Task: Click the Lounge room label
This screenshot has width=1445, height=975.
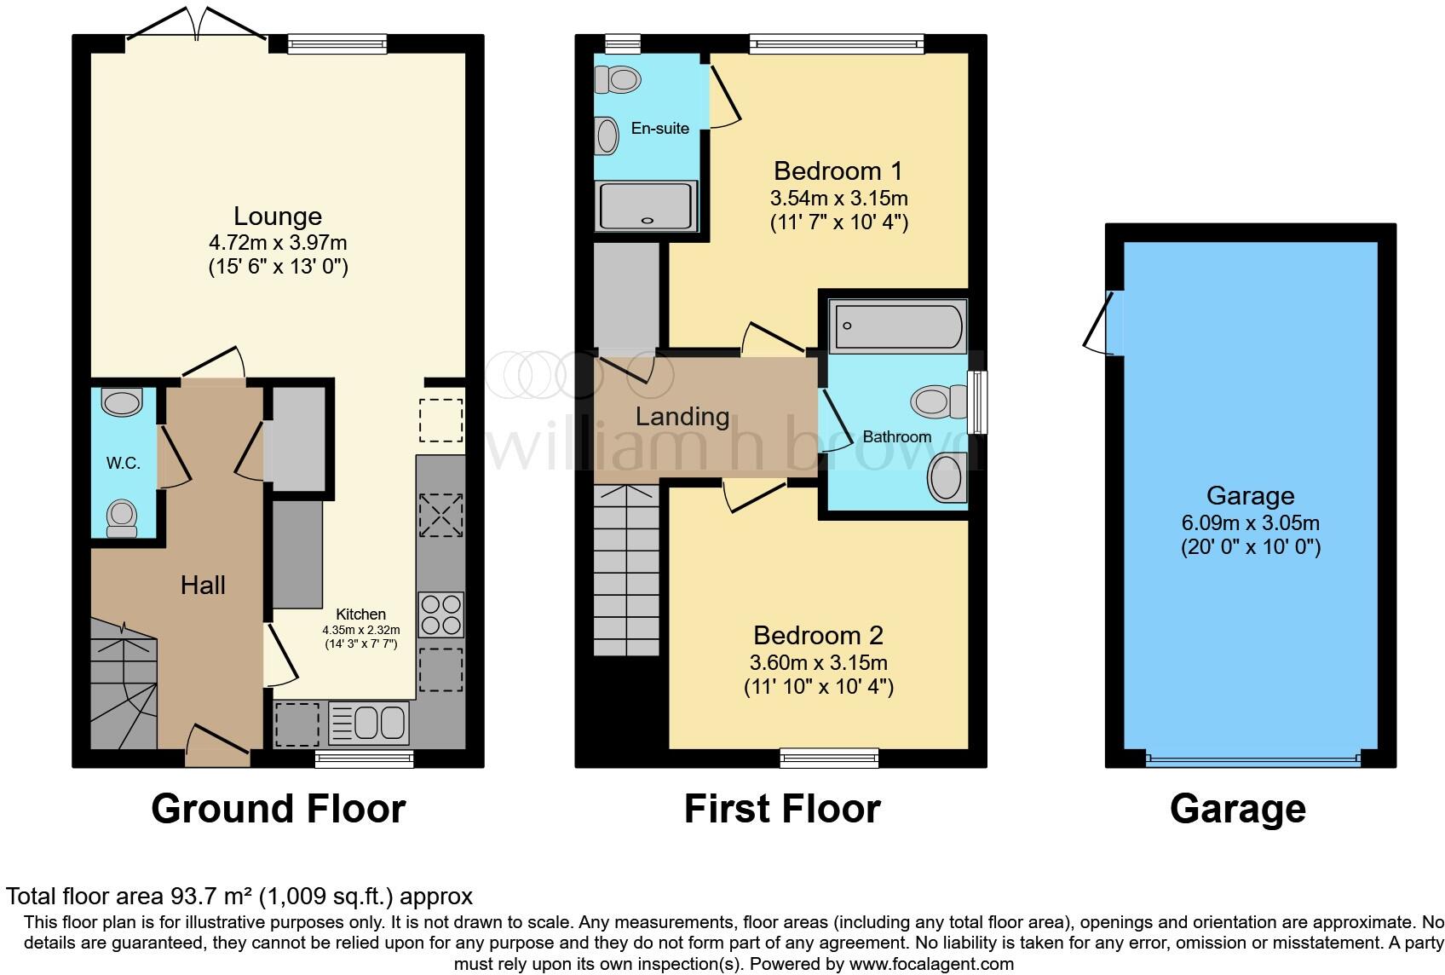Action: point(278,216)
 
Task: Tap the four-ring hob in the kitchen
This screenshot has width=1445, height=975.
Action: point(440,614)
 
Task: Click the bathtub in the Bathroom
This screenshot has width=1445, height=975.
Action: point(899,326)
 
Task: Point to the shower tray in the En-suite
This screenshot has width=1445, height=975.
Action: point(647,205)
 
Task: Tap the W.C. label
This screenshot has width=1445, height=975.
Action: point(123,464)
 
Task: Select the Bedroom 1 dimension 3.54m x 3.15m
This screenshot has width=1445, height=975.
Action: point(838,199)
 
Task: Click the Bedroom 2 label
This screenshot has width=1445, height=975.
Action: point(818,636)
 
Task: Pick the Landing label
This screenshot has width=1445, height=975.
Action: point(682,417)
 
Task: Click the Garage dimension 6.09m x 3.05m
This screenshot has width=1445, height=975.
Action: point(1250,523)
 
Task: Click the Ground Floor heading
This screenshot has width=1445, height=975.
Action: point(278,809)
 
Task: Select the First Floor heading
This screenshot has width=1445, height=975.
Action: point(781,809)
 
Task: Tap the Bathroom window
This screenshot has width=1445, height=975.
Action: point(980,402)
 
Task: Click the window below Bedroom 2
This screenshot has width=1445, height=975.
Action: point(829,757)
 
